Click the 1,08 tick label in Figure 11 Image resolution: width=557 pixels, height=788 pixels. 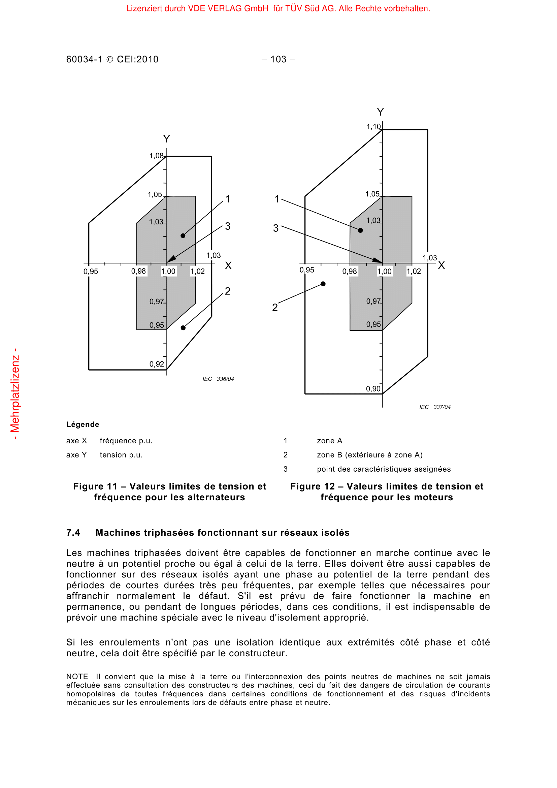click(x=156, y=156)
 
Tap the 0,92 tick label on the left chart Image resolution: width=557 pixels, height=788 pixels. click(x=156, y=364)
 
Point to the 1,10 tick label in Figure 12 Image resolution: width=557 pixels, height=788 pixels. click(x=373, y=127)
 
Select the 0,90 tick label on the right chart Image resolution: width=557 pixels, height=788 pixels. click(x=373, y=389)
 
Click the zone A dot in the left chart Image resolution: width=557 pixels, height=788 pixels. click(x=183, y=236)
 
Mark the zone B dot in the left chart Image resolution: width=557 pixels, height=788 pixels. click(x=183, y=328)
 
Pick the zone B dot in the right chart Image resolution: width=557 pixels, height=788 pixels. click(x=323, y=284)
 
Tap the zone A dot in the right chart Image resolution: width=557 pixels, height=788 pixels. click(x=360, y=230)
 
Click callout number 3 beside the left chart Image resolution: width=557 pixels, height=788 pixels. click(x=227, y=226)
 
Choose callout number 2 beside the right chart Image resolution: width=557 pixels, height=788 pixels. click(x=275, y=308)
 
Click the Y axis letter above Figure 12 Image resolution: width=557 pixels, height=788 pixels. click(x=380, y=112)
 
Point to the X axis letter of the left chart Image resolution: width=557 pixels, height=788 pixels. click(x=228, y=265)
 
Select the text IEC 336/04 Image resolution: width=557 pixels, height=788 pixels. click(x=218, y=379)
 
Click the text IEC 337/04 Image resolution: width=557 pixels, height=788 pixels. click(x=434, y=407)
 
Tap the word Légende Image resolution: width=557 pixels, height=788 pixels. click(x=83, y=424)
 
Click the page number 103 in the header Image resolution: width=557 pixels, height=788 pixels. click(x=278, y=59)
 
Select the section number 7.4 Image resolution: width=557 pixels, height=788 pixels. click(x=73, y=533)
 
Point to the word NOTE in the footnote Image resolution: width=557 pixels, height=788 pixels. click(x=77, y=676)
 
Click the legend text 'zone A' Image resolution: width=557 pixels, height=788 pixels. click(x=329, y=441)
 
